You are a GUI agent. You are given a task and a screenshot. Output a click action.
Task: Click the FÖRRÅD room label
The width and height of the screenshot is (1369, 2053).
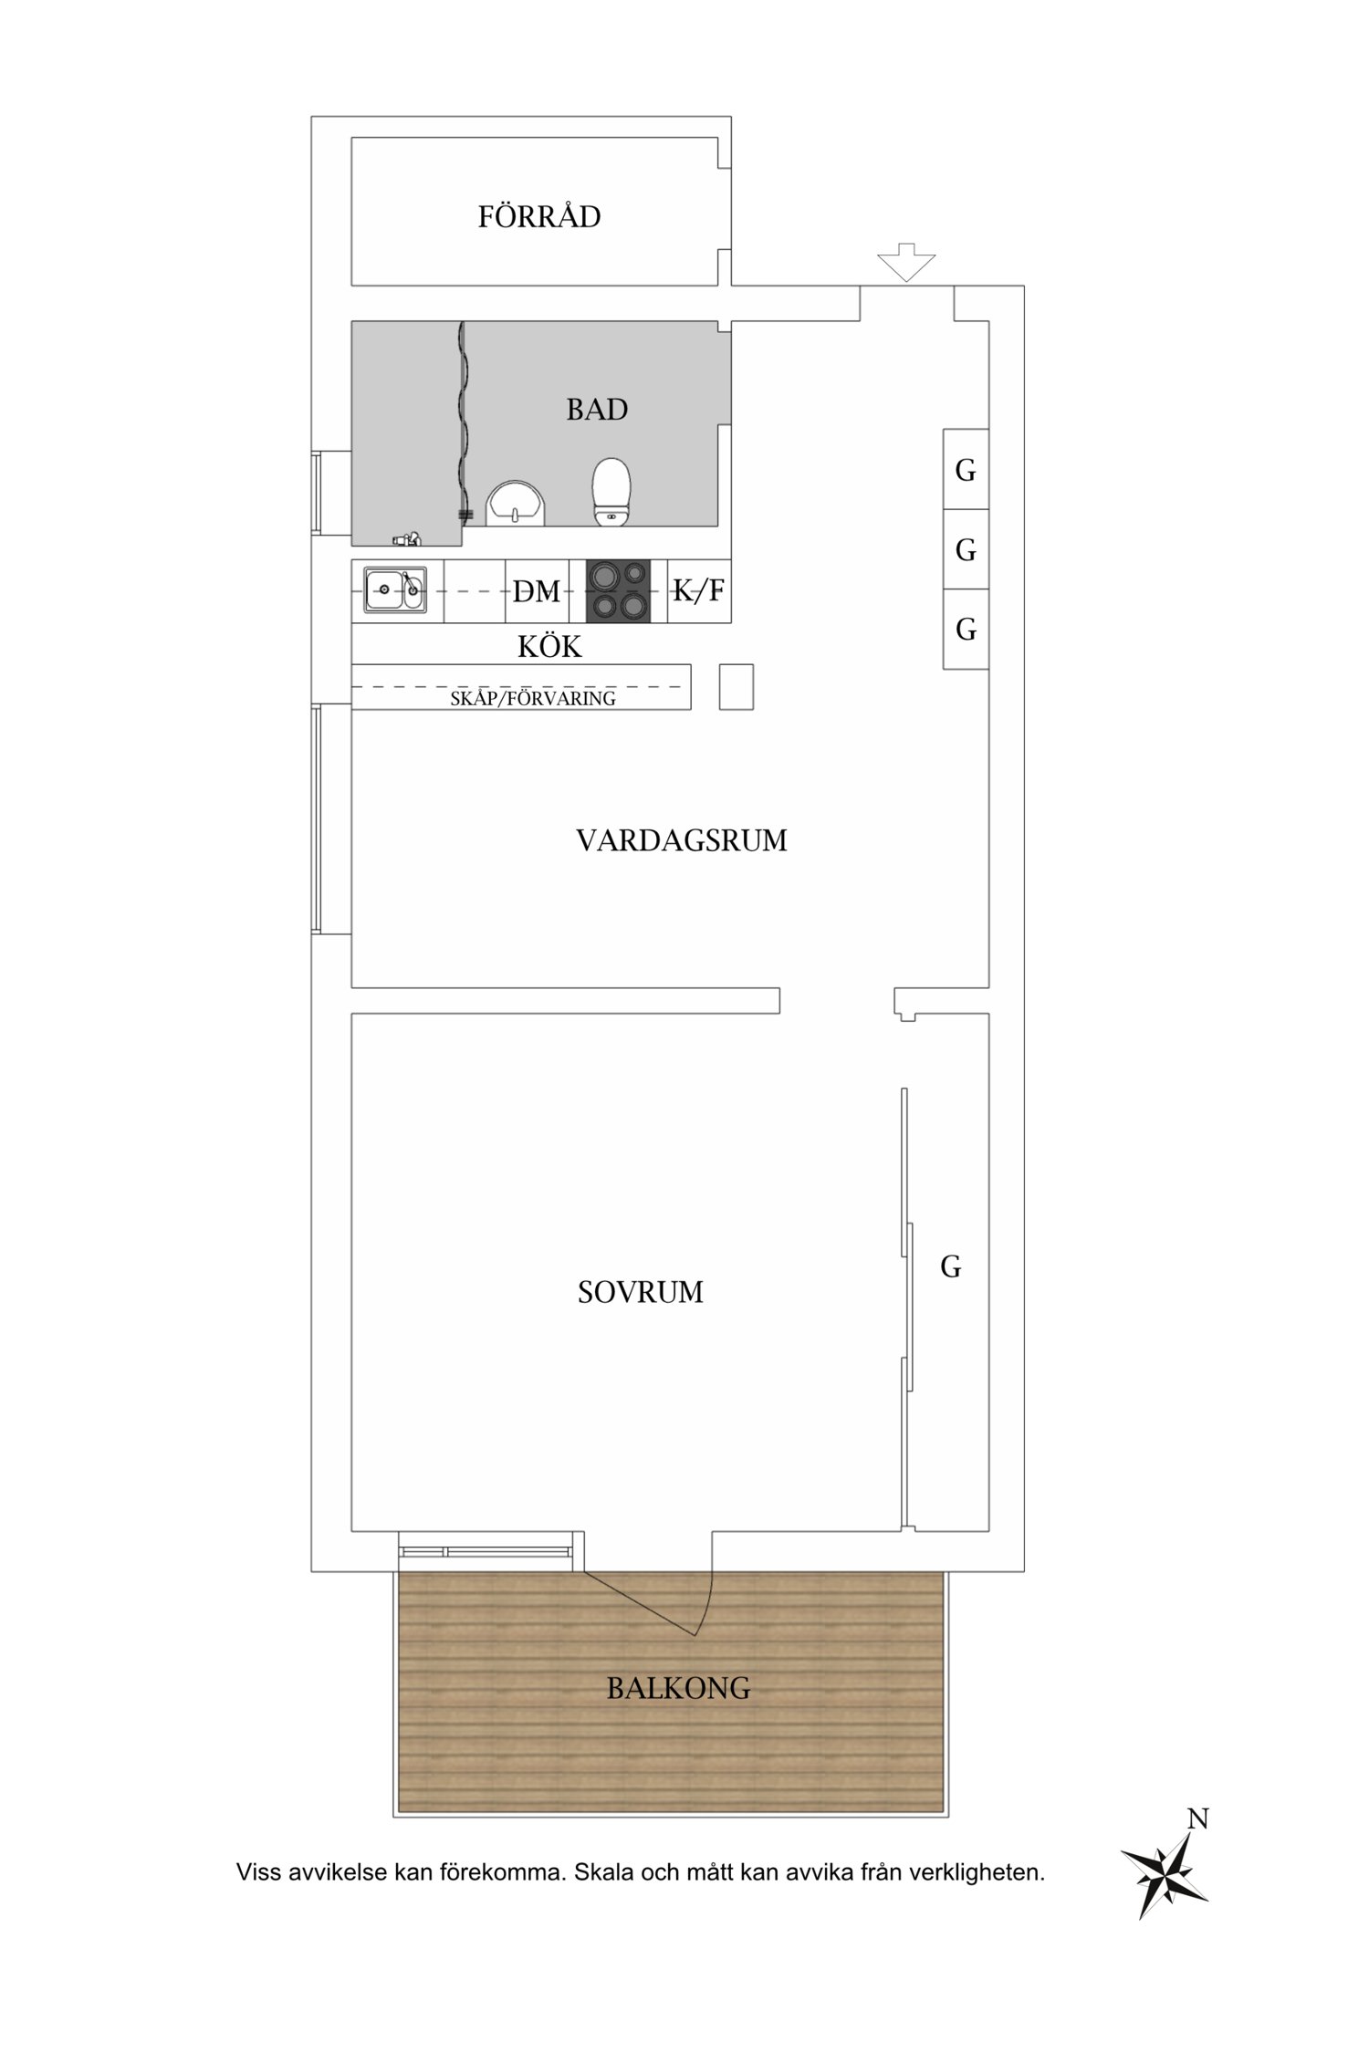tap(539, 216)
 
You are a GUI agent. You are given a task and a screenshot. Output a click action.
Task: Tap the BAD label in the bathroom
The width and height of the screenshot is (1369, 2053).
tap(597, 410)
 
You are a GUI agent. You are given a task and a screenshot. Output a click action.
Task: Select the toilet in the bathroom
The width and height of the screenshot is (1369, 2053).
tap(611, 492)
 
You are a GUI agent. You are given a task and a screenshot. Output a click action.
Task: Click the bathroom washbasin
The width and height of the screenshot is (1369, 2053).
tap(515, 505)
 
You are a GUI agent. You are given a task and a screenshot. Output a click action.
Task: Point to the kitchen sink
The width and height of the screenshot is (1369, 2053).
tap(395, 589)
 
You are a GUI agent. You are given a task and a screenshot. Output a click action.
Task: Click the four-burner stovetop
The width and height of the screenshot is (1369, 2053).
tap(618, 590)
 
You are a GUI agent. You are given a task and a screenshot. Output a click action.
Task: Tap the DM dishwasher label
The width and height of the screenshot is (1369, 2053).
tap(537, 592)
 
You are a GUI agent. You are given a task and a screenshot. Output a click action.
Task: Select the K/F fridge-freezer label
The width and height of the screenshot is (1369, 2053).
tap(699, 590)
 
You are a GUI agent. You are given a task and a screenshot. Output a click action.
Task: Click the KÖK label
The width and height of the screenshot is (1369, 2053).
tap(549, 647)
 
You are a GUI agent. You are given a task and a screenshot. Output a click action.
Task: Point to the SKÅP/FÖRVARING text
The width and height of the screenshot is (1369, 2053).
tap(533, 699)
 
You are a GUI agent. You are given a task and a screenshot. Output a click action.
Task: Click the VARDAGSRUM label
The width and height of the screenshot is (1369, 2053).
tap(682, 840)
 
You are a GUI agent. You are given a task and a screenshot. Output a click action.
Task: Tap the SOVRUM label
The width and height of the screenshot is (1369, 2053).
tap(641, 1292)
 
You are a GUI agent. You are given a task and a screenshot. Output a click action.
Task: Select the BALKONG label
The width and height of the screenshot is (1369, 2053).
tap(679, 1689)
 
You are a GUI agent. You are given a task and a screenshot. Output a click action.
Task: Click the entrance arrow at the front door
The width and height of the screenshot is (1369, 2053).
tap(906, 262)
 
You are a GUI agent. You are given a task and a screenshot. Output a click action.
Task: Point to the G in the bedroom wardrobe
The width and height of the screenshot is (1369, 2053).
tap(951, 1266)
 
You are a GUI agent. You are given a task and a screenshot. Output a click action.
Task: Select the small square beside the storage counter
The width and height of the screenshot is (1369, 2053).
tap(737, 687)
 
